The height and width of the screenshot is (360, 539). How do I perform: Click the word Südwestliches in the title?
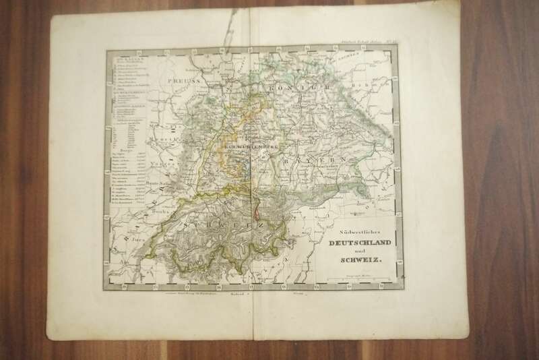pyautogui.click(x=352, y=229)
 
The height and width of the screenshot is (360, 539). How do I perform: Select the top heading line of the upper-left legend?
pyautogui.click(x=128, y=58)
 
